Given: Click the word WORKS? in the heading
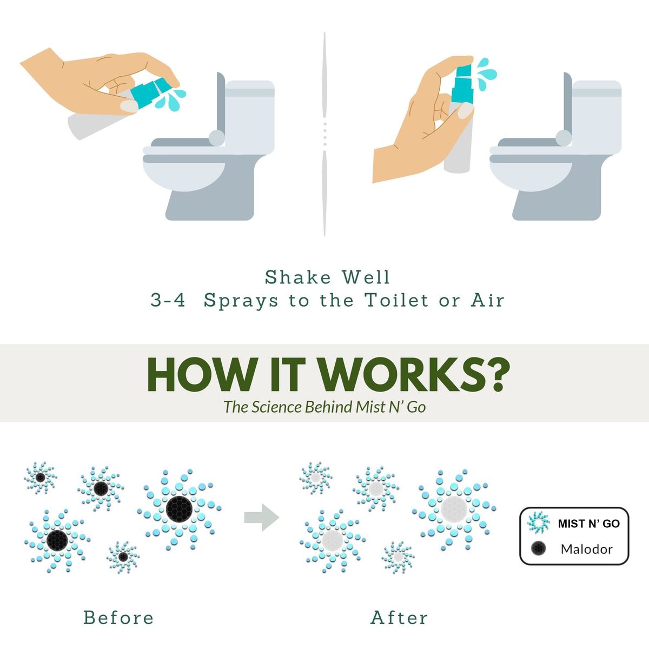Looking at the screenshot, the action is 414,375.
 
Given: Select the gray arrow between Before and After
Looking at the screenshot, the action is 262,518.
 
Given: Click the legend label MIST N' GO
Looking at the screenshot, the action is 589,524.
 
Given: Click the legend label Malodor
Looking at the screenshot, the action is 587,549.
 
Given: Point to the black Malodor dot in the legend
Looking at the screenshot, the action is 538,548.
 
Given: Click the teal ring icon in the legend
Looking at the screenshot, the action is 538,523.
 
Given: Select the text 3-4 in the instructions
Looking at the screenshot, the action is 168,300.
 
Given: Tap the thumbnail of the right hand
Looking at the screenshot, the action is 466,110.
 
